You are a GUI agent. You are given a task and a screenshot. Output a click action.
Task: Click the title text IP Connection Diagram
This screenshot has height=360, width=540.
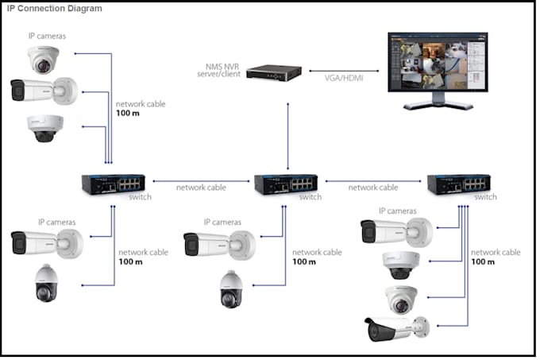point(54,8)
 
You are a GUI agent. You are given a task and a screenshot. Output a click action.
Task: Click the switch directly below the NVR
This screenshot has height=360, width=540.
point(286,184)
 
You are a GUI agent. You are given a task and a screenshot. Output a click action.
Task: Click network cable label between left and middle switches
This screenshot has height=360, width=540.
point(201,188)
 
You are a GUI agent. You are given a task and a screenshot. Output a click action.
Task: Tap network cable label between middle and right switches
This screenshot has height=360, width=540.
point(373,188)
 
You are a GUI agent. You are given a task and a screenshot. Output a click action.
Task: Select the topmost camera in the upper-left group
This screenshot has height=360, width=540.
point(44,60)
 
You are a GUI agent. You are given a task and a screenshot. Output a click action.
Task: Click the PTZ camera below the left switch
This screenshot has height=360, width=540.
point(46,283)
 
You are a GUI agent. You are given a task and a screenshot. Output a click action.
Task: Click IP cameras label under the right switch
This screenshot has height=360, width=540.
point(397,211)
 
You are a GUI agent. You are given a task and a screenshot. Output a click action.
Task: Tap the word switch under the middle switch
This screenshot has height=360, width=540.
point(311,196)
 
